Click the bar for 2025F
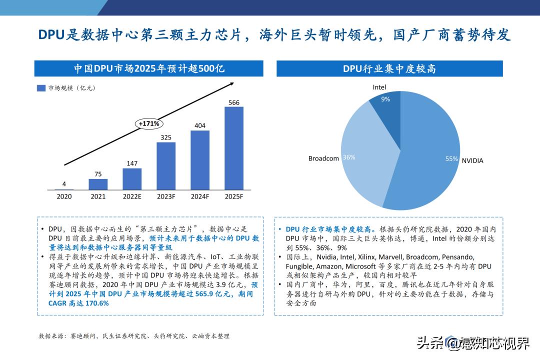(x=234, y=148)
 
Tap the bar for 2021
(x=98, y=184)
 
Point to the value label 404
(x=200, y=125)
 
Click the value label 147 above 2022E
(x=132, y=163)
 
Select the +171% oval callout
(x=148, y=123)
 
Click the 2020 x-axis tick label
(x=64, y=196)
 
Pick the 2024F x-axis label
(x=200, y=196)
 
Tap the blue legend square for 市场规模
(x=41, y=88)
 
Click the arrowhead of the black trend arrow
(x=231, y=83)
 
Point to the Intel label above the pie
(x=379, y=87)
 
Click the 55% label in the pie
(x=451, y=159)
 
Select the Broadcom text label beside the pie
(x=323, y=158)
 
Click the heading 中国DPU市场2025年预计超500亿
(x=149, y=68)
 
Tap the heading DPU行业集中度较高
(x=389, y=68)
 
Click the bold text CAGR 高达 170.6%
(x=78, y=303)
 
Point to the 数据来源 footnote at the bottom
(x=134, y=336)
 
